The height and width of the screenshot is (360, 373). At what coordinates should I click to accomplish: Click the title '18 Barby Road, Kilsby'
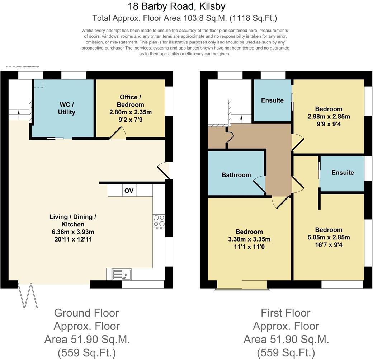[177, 6]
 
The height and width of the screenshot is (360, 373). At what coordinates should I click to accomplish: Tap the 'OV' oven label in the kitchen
[129, 191]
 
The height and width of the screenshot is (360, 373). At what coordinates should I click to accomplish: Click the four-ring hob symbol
[159, 221]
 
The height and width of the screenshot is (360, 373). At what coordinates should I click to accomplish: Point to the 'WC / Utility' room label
[66, 108]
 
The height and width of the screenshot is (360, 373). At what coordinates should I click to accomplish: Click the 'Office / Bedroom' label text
[128, 101]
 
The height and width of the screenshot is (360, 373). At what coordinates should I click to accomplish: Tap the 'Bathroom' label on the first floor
[236, 175]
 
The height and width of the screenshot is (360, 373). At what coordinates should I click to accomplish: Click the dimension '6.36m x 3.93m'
[73, 232]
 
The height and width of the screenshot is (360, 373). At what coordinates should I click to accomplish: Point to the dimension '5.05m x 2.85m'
[329, 237]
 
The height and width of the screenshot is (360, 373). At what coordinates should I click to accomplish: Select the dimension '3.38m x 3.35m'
[249, 239]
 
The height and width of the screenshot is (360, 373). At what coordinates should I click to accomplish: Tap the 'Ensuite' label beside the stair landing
[272, 100]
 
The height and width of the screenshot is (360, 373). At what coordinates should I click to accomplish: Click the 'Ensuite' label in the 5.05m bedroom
[343, 172]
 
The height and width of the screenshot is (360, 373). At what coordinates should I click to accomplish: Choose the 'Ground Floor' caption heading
[86, 313]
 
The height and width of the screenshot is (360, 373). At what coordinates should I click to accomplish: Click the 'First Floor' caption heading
[285, 313]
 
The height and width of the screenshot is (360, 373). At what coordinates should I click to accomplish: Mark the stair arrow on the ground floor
[19, 114]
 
